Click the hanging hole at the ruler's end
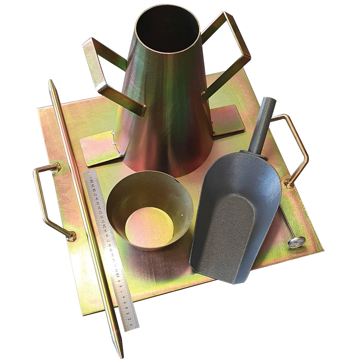coord(89,174)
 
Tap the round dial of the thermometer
coord(296,242)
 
